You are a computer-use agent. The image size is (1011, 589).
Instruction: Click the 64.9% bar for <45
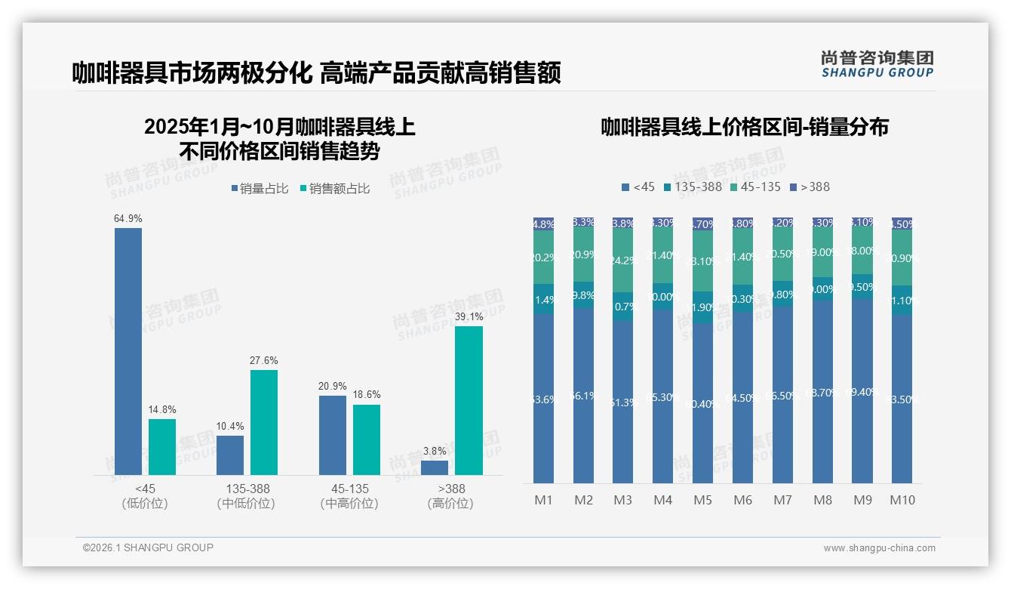pyautogui.click(x=128, y=351)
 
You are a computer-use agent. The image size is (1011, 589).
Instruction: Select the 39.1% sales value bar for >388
pyautogui.click(x=469, y=400)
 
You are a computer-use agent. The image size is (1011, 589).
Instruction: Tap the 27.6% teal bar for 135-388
pyautogui.click(x=264, y=422)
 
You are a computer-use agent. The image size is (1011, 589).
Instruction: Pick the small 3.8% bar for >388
pyautogui.click(x=435, y=467)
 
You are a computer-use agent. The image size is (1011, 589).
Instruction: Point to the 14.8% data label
pyautogui.click(x=162, y=410)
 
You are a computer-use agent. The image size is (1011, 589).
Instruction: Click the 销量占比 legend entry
pyautogui.click(x=260, y=189)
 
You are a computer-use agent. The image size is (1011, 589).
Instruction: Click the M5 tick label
pyautogui.click(x=702, y=500)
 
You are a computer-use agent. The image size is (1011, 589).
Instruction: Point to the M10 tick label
pyautogui.click(x=902, y=500)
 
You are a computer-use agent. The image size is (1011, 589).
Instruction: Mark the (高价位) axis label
pyautogui.click(x=450, y=504)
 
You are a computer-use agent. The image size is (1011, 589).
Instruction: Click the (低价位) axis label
pyautogui.click(x=145, y=504)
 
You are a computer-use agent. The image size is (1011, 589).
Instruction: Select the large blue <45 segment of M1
pyautogui.click(x=544, y=398)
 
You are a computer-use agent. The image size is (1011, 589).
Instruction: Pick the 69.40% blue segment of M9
pyautogui.click(x=862, y=390)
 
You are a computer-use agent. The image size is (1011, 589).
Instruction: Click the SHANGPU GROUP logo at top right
pyautogui.click(x=877, y=63)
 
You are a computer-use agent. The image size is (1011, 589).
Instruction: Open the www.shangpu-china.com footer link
pyautogui.click(x=879, y=548)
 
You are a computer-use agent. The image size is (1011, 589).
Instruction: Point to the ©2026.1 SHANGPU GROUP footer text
pyautogui.click(x=148, y=547)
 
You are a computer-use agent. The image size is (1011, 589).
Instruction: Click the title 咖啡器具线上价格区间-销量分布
pyautogui.click(x=744, y=127)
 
